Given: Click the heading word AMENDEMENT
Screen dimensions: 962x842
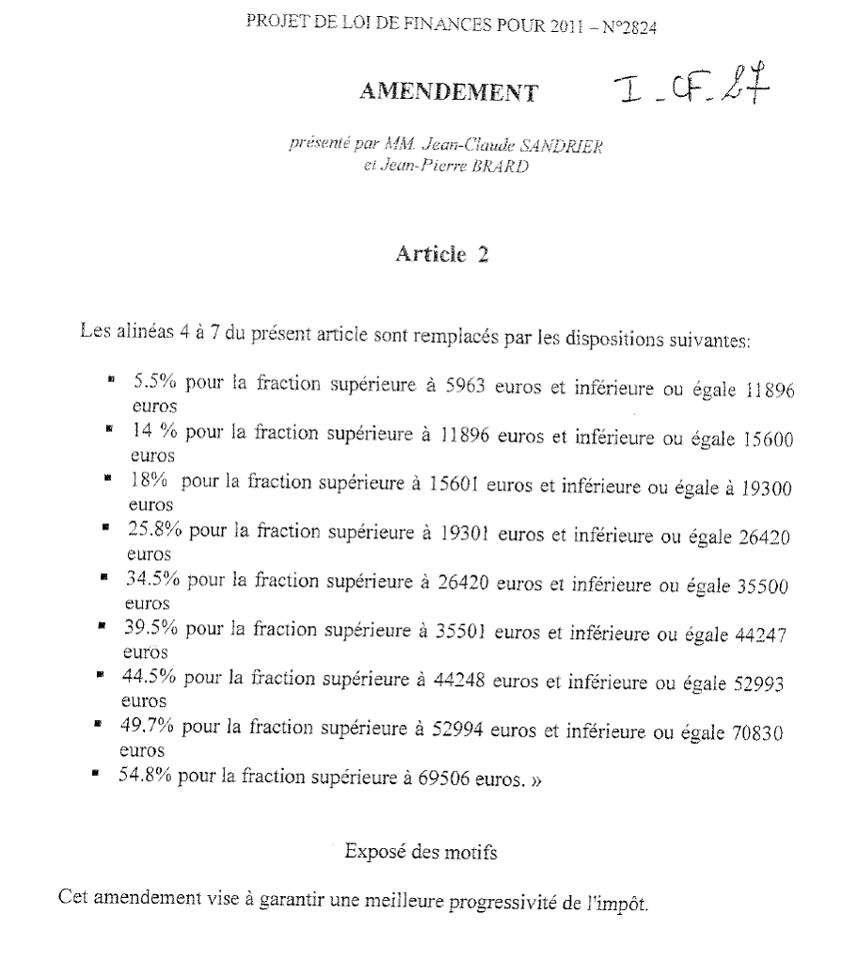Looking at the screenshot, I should [450, 91].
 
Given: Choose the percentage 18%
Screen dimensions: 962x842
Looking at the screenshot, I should [149, 481].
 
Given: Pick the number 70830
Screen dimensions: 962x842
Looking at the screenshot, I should [757, 733].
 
